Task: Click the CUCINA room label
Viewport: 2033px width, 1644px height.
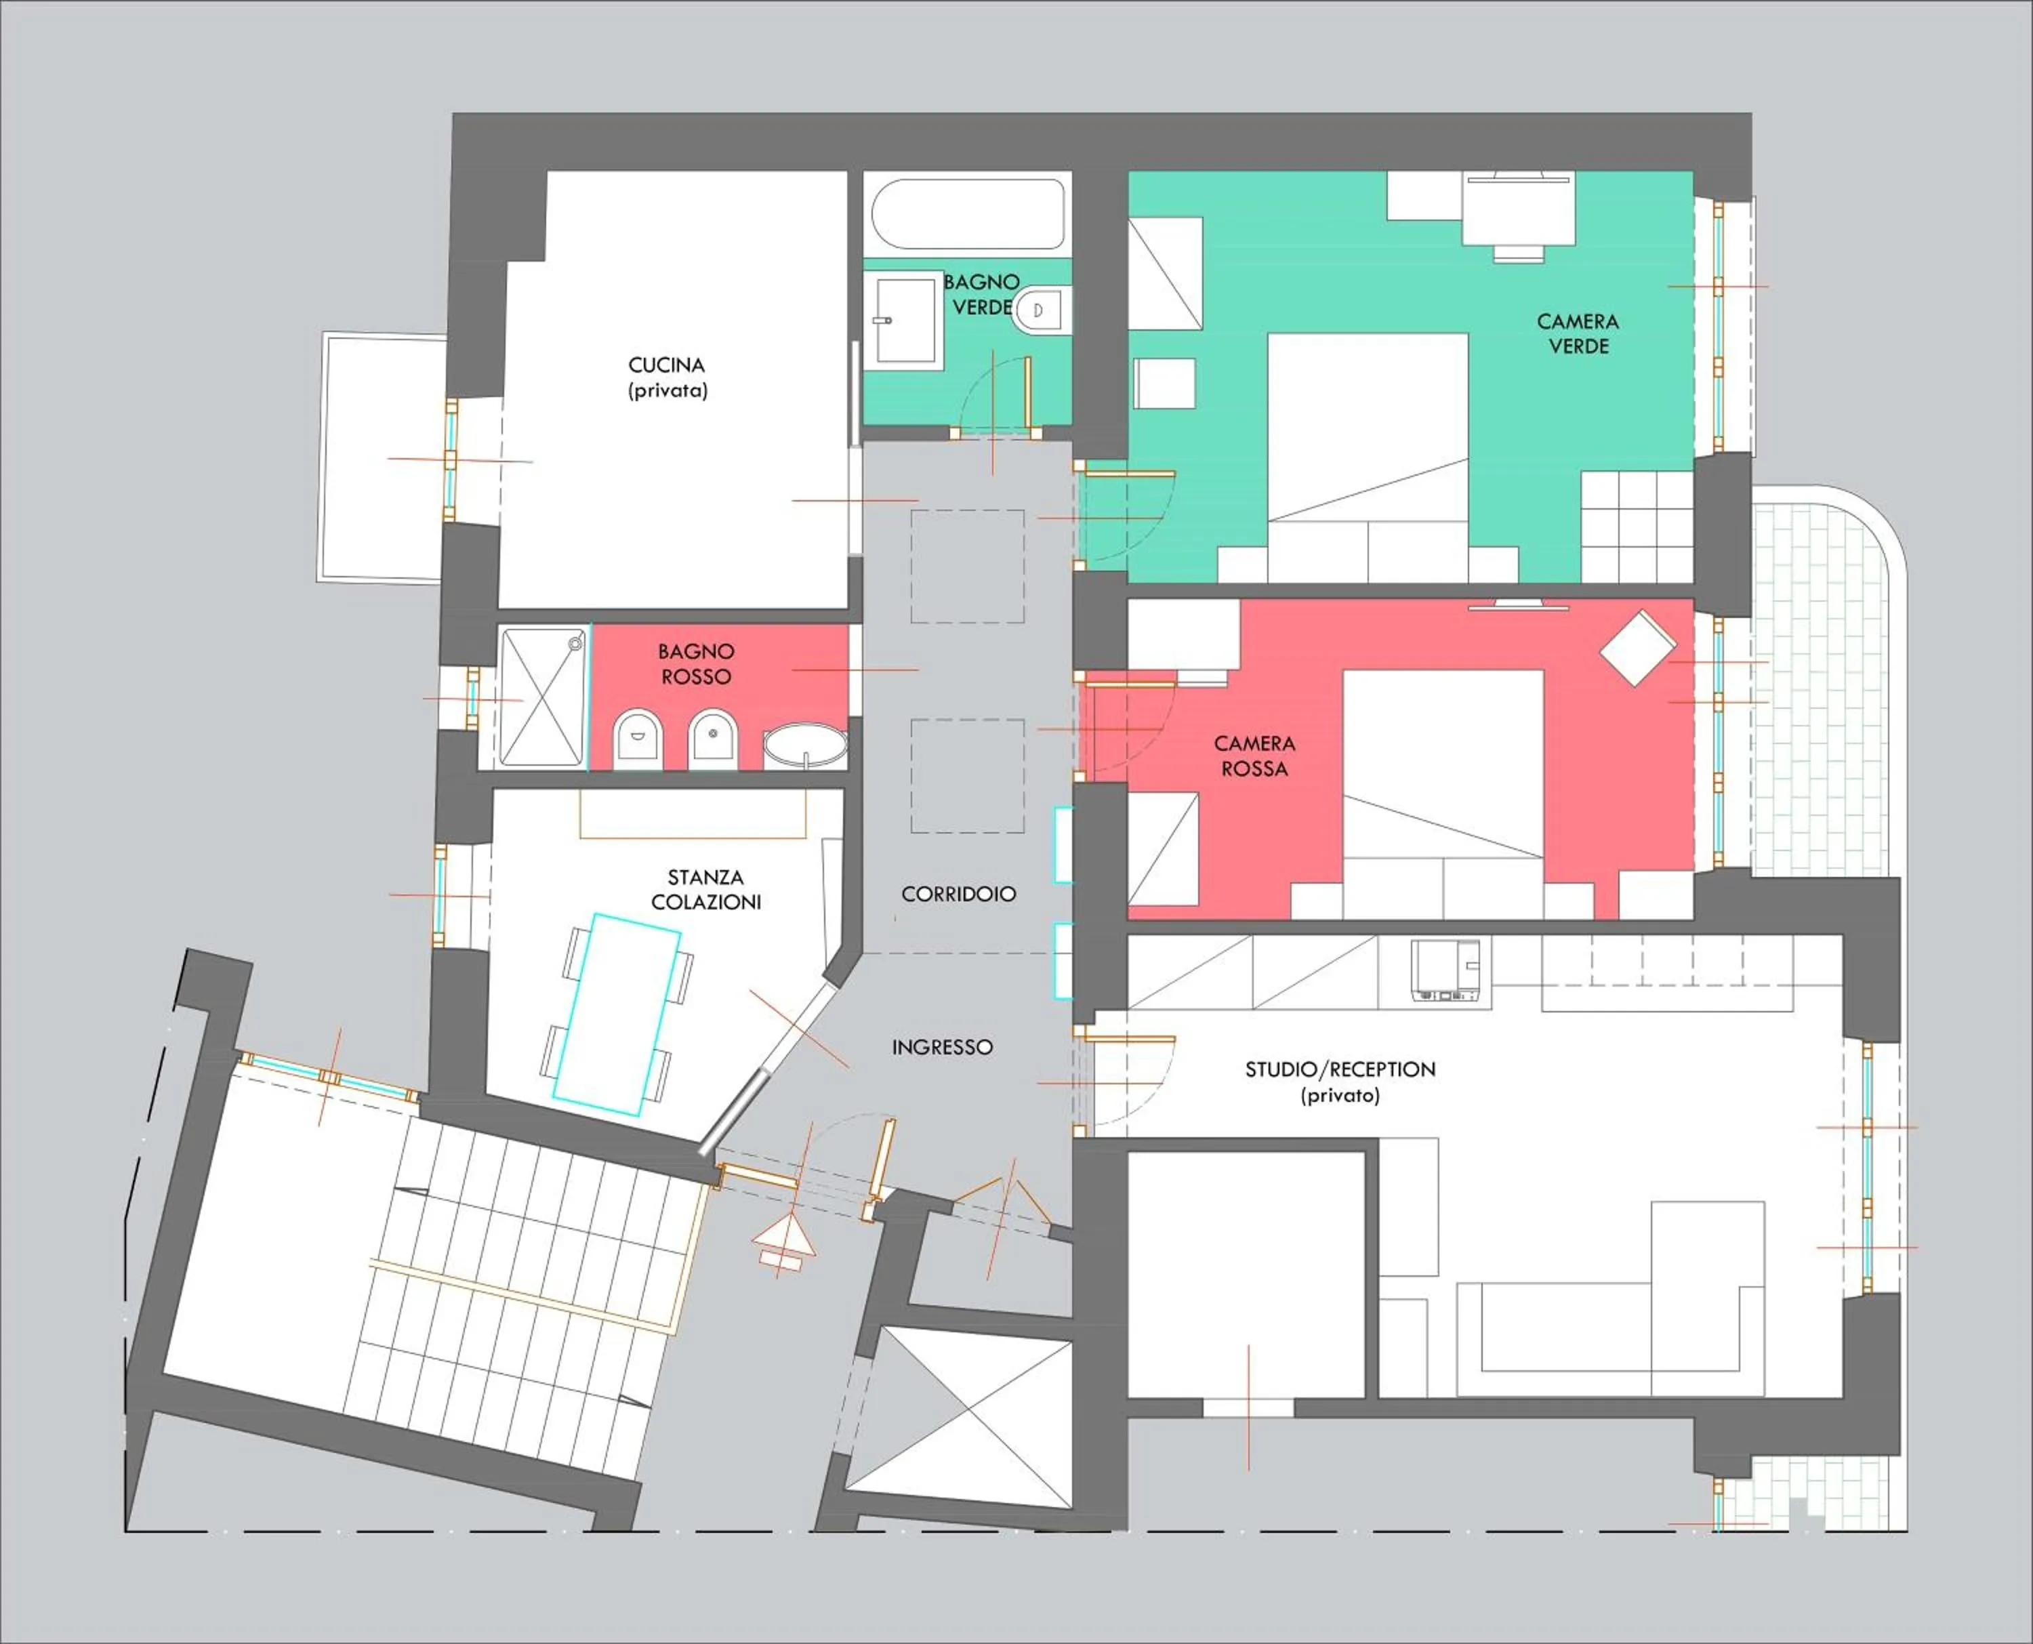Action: tap(667, 377)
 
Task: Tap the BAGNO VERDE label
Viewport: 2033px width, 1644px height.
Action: tap(981, 295)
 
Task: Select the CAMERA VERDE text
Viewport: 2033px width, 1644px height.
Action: tap(1578, 333)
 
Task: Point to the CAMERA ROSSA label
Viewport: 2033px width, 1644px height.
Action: tap(1254, 756)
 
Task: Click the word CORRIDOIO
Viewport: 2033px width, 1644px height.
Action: tap(958, 894)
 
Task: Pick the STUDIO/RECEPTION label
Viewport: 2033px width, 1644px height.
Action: tap(1339, 1082)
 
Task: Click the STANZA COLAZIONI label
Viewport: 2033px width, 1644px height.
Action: tap(705, 889)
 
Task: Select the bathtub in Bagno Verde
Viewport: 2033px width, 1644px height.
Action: tap(967, 214)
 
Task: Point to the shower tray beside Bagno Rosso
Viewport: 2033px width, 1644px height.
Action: tap(541, 698)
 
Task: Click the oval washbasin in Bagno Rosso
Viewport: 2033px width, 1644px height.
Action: tap(805, 745)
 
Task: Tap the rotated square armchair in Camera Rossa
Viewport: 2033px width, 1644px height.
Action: tap(1637, 648)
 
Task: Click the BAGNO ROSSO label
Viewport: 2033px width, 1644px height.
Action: tap(696, 664)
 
